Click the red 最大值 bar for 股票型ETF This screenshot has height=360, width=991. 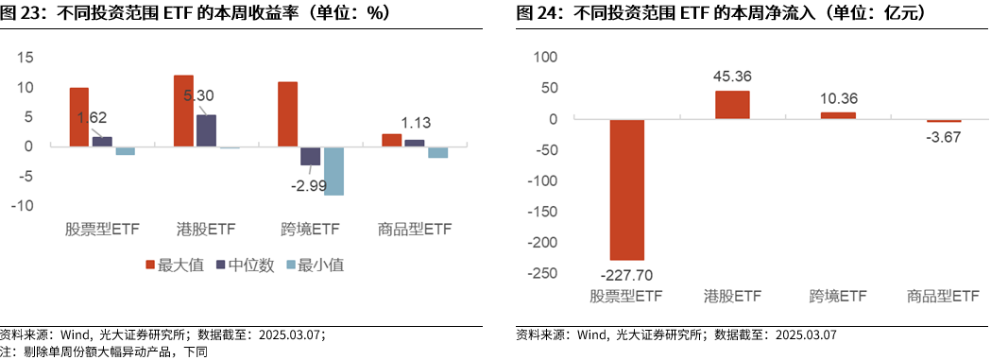[x=79, y=117]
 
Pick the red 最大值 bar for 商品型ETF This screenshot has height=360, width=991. [x=391, y=140]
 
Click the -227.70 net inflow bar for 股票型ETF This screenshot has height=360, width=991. [x=626, y=189]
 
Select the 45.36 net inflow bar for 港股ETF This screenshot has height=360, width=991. [x=732, y=104]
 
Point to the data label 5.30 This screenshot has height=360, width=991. [x=199, y=95]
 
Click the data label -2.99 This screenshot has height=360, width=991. [x=312, y=183]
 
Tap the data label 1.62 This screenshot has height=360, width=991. [x=93, y=118]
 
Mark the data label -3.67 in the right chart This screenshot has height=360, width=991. [x=943, y=137]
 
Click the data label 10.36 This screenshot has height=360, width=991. [x=837, y=98]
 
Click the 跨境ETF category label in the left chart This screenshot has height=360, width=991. [x=310, y=230]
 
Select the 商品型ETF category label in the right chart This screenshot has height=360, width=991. [x=942, y=297]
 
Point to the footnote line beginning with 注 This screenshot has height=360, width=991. [x=104, y=351]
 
